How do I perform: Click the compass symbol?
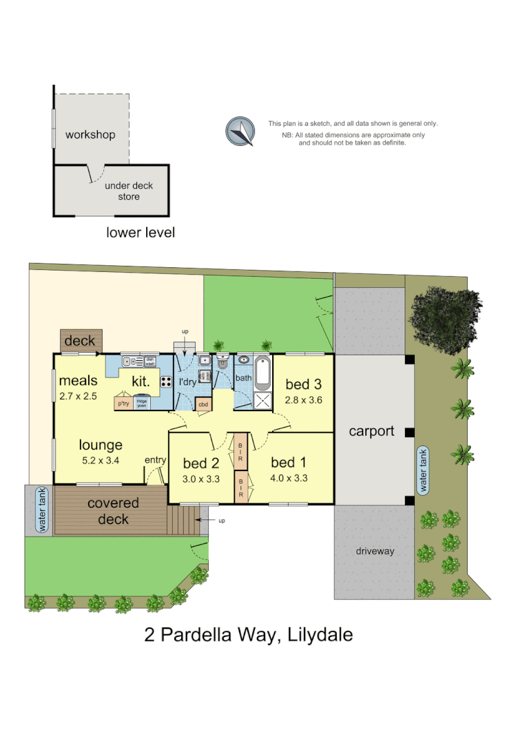pyautogui.click(x=240, y=131)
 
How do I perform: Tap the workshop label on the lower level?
pyautogui.click(x=90, y=134)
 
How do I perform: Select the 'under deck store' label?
pyautogui.click(x=129, y=191)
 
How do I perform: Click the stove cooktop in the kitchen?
pyautogui.click(x=166, y=382)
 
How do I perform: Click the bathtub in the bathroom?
pyautogui.click(x=262, y=373)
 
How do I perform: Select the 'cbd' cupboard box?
pyautogui.click(x=203, y=404)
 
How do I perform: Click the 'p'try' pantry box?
pyautogui.click(x=124, y=403)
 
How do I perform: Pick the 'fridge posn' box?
pyautogui.click(x=142, y=404)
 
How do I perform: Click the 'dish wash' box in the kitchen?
pyautogui.click(x=149, y=360)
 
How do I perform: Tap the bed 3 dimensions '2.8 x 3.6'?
pyautogui.click(x=304, y=399)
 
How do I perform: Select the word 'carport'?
pyautogui.click(x=371, y=432)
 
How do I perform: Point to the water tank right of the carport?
pyautogui.click(x=424, y=470)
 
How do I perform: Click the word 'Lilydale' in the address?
pyautogui.click(x=315, y=634)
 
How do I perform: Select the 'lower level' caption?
pyautogui.click(x=141, y=232)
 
